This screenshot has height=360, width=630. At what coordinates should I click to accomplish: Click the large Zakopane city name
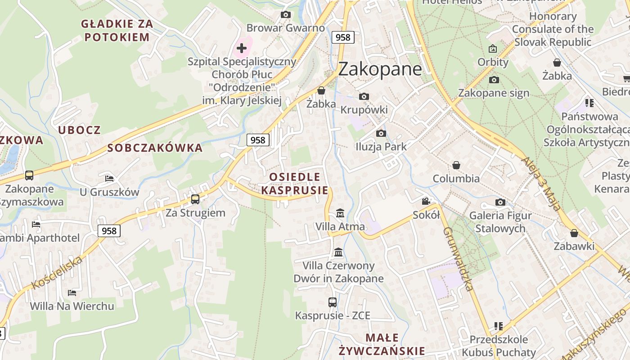point(380,69)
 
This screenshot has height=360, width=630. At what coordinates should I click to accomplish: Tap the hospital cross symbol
point(242,48)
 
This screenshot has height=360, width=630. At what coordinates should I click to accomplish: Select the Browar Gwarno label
point(285,28)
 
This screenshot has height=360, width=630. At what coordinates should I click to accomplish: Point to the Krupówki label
point(364,110)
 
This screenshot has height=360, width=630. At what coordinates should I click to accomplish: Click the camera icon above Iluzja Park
point(381,133)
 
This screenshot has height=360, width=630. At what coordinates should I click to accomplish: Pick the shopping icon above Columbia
point(456,165)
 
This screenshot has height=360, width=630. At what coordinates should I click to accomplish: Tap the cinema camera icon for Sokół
point(426,201)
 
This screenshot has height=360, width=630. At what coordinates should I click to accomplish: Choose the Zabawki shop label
point(574,246)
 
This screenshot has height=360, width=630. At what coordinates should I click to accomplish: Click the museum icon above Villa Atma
point(340,213)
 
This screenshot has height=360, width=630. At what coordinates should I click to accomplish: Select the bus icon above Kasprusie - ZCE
point(333,302)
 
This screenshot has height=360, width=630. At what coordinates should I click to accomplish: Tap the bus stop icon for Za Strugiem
point(195,199)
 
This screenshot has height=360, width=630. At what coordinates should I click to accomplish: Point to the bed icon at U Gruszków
point(109,178)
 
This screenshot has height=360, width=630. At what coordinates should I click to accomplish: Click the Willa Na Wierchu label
point(72,306)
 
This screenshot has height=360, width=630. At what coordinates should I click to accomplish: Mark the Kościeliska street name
point(57,272)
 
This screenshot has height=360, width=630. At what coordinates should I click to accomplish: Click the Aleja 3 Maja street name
point(541,183)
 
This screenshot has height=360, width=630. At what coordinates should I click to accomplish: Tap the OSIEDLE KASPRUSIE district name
point(295,183)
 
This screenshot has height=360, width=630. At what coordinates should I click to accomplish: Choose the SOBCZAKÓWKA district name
point(155,148)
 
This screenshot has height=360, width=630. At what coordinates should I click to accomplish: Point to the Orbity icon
point(493,49)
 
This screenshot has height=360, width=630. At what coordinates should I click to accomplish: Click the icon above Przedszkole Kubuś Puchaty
point(498,325)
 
